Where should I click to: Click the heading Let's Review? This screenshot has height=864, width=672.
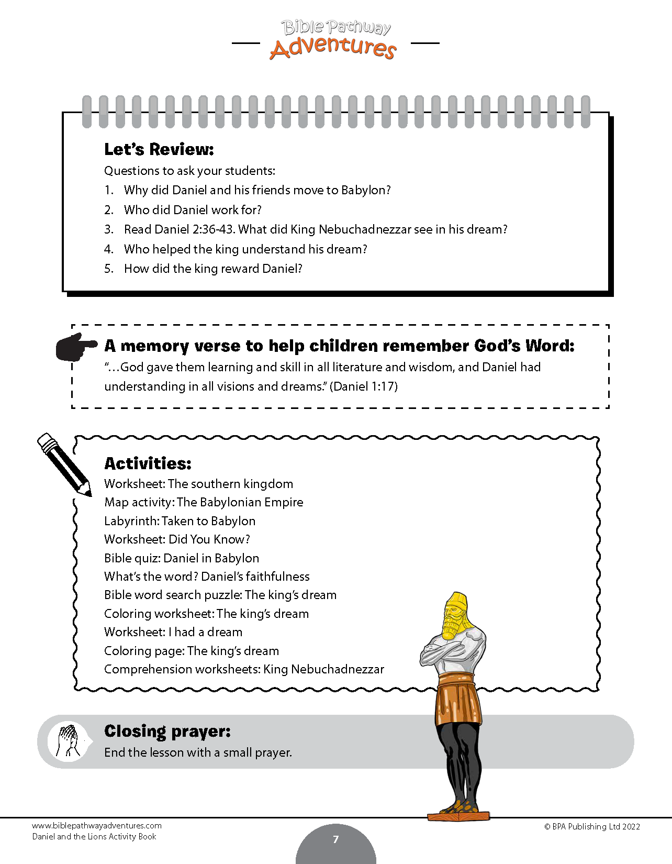click(x=159, y=149)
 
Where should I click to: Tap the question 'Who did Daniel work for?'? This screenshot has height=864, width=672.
click(x=192, y=210)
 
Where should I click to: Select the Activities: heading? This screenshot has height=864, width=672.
click(x=148, y=463)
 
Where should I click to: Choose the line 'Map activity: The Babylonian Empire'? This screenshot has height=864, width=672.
click(x=204, y=502)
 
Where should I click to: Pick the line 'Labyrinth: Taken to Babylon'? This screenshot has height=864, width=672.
click(x=180, y=521)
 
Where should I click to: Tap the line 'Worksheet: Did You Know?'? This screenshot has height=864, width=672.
click(x=177, y=539)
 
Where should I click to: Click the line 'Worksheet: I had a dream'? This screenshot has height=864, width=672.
click(x=173, y=632)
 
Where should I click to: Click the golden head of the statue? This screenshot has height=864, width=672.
click(x=456, y=616)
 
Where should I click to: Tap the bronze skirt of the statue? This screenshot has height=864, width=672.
click(x=458, y=699)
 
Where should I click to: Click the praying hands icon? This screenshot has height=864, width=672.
click(x=69, y=741)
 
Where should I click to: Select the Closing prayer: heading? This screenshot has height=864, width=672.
click(x=167, y=731)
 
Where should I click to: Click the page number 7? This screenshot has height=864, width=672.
click(x=336, y=839)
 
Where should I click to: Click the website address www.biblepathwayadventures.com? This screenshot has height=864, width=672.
click(x=97, y=826)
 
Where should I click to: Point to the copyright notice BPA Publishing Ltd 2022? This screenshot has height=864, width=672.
click(x=592, y=827)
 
